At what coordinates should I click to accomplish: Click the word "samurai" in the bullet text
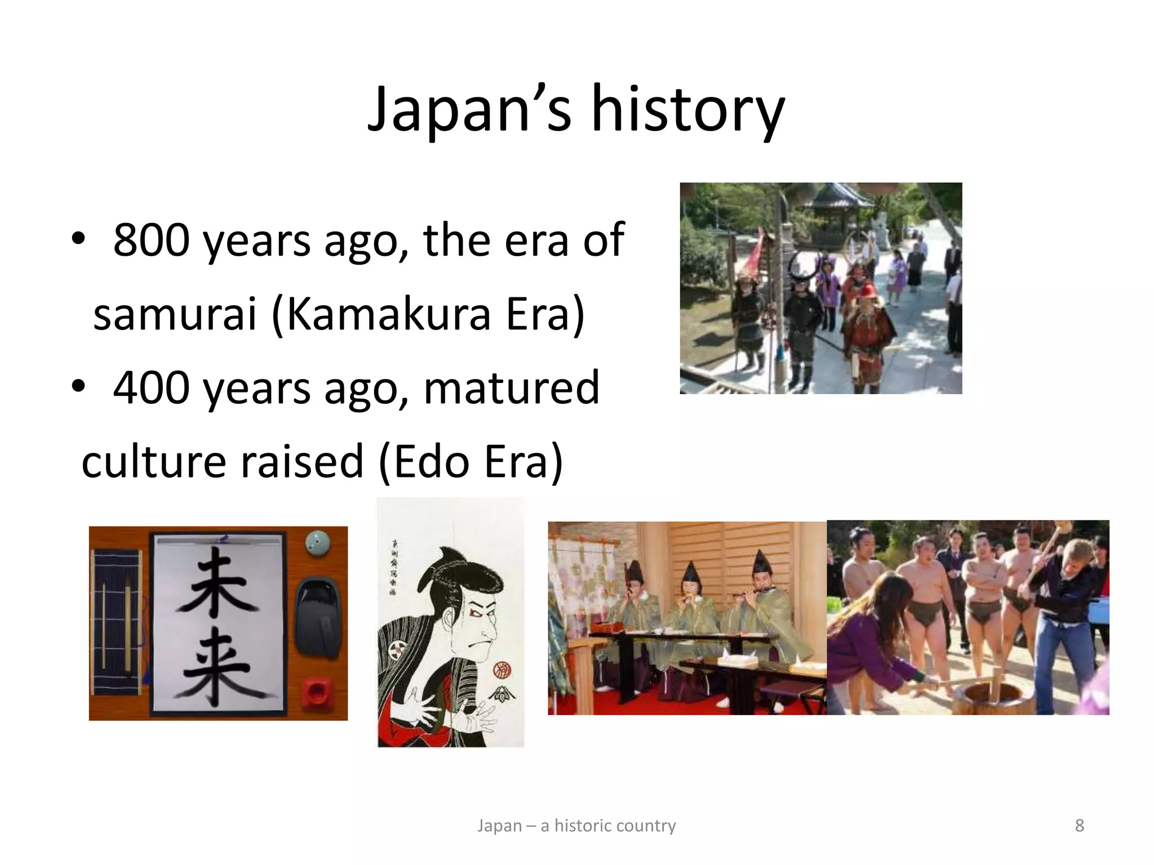tap(175, 314)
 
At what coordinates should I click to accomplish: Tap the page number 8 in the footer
tap(1079, 826)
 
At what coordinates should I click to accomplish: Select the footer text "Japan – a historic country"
tap(576, 826)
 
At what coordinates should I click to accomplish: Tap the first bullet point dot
tap(78, 240)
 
